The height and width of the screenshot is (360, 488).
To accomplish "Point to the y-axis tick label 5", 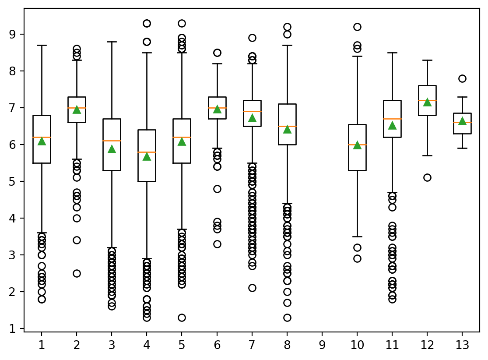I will (x=14, y=181).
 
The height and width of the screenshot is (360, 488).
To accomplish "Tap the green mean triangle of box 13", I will (x=462, y=121).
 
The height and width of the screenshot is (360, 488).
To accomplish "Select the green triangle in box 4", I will (x=147, y=156).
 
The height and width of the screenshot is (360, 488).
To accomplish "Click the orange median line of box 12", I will (x=427, y=100).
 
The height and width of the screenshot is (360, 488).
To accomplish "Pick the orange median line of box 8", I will (x=287, y=126).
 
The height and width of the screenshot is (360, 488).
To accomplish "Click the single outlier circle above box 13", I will (x=462, y=78).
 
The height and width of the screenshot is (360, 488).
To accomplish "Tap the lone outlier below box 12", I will (x=427, y=177).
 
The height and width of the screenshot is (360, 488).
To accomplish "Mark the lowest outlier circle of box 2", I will (x=77, y=273).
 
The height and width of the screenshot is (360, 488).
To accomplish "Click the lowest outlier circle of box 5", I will (x=182, y=318).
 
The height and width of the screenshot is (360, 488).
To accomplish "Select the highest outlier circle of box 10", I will (x=357, y=27).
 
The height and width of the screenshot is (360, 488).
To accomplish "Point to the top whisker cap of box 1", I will (x=42, y=45).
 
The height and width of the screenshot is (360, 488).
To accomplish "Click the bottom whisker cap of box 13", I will (x=462, y=148).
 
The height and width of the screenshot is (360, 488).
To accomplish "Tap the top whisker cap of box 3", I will (x=112, y=42).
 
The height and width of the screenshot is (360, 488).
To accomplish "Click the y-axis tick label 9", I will (x=14, y=34).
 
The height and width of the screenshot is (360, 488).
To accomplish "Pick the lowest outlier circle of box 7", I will (x=252, y=288).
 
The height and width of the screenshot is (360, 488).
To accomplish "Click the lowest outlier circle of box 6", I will (x=217, y=244).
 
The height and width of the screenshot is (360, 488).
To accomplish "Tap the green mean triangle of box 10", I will (x=357, y=145).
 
